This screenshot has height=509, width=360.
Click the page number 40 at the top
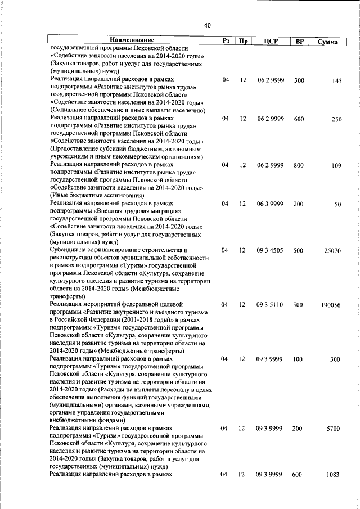(x=207, y=25)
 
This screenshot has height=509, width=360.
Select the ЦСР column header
(x=268, y=41)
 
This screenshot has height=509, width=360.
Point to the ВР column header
(x=299, y=41)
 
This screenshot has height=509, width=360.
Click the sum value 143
(x=336, y=81)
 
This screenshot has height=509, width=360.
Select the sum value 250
(x=336, y=119)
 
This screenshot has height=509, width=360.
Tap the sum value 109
(x=336, y=165)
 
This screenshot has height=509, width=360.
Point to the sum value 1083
(x=334, y=475)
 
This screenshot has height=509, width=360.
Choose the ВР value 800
(x=299, y=165)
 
